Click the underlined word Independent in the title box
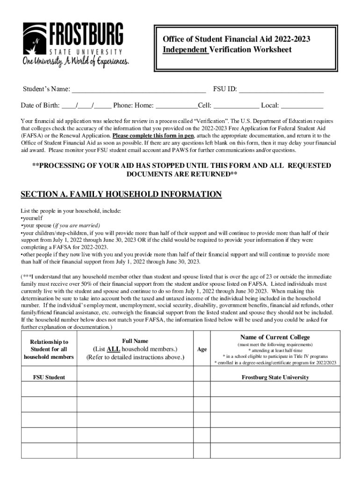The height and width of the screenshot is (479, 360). [x=185, y=50]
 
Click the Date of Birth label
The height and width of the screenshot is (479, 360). [x=40, y=105]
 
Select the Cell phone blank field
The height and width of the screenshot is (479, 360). [x=236, y=105]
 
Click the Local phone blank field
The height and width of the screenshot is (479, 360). [x=302, y=105]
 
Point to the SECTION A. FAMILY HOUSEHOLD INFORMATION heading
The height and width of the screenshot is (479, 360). [x=122, y=194]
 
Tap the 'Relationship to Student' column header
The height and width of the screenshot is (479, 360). [x=49, y=349]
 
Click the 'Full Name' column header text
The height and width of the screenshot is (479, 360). [x=135, y=341]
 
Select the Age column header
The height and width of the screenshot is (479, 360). [x=202, y=349]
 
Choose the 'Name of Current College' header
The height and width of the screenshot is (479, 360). [x=275, y=337]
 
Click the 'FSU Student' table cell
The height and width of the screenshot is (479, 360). [x=49, y=377]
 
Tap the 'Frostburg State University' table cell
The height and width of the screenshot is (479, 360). [x=275, y=377]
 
